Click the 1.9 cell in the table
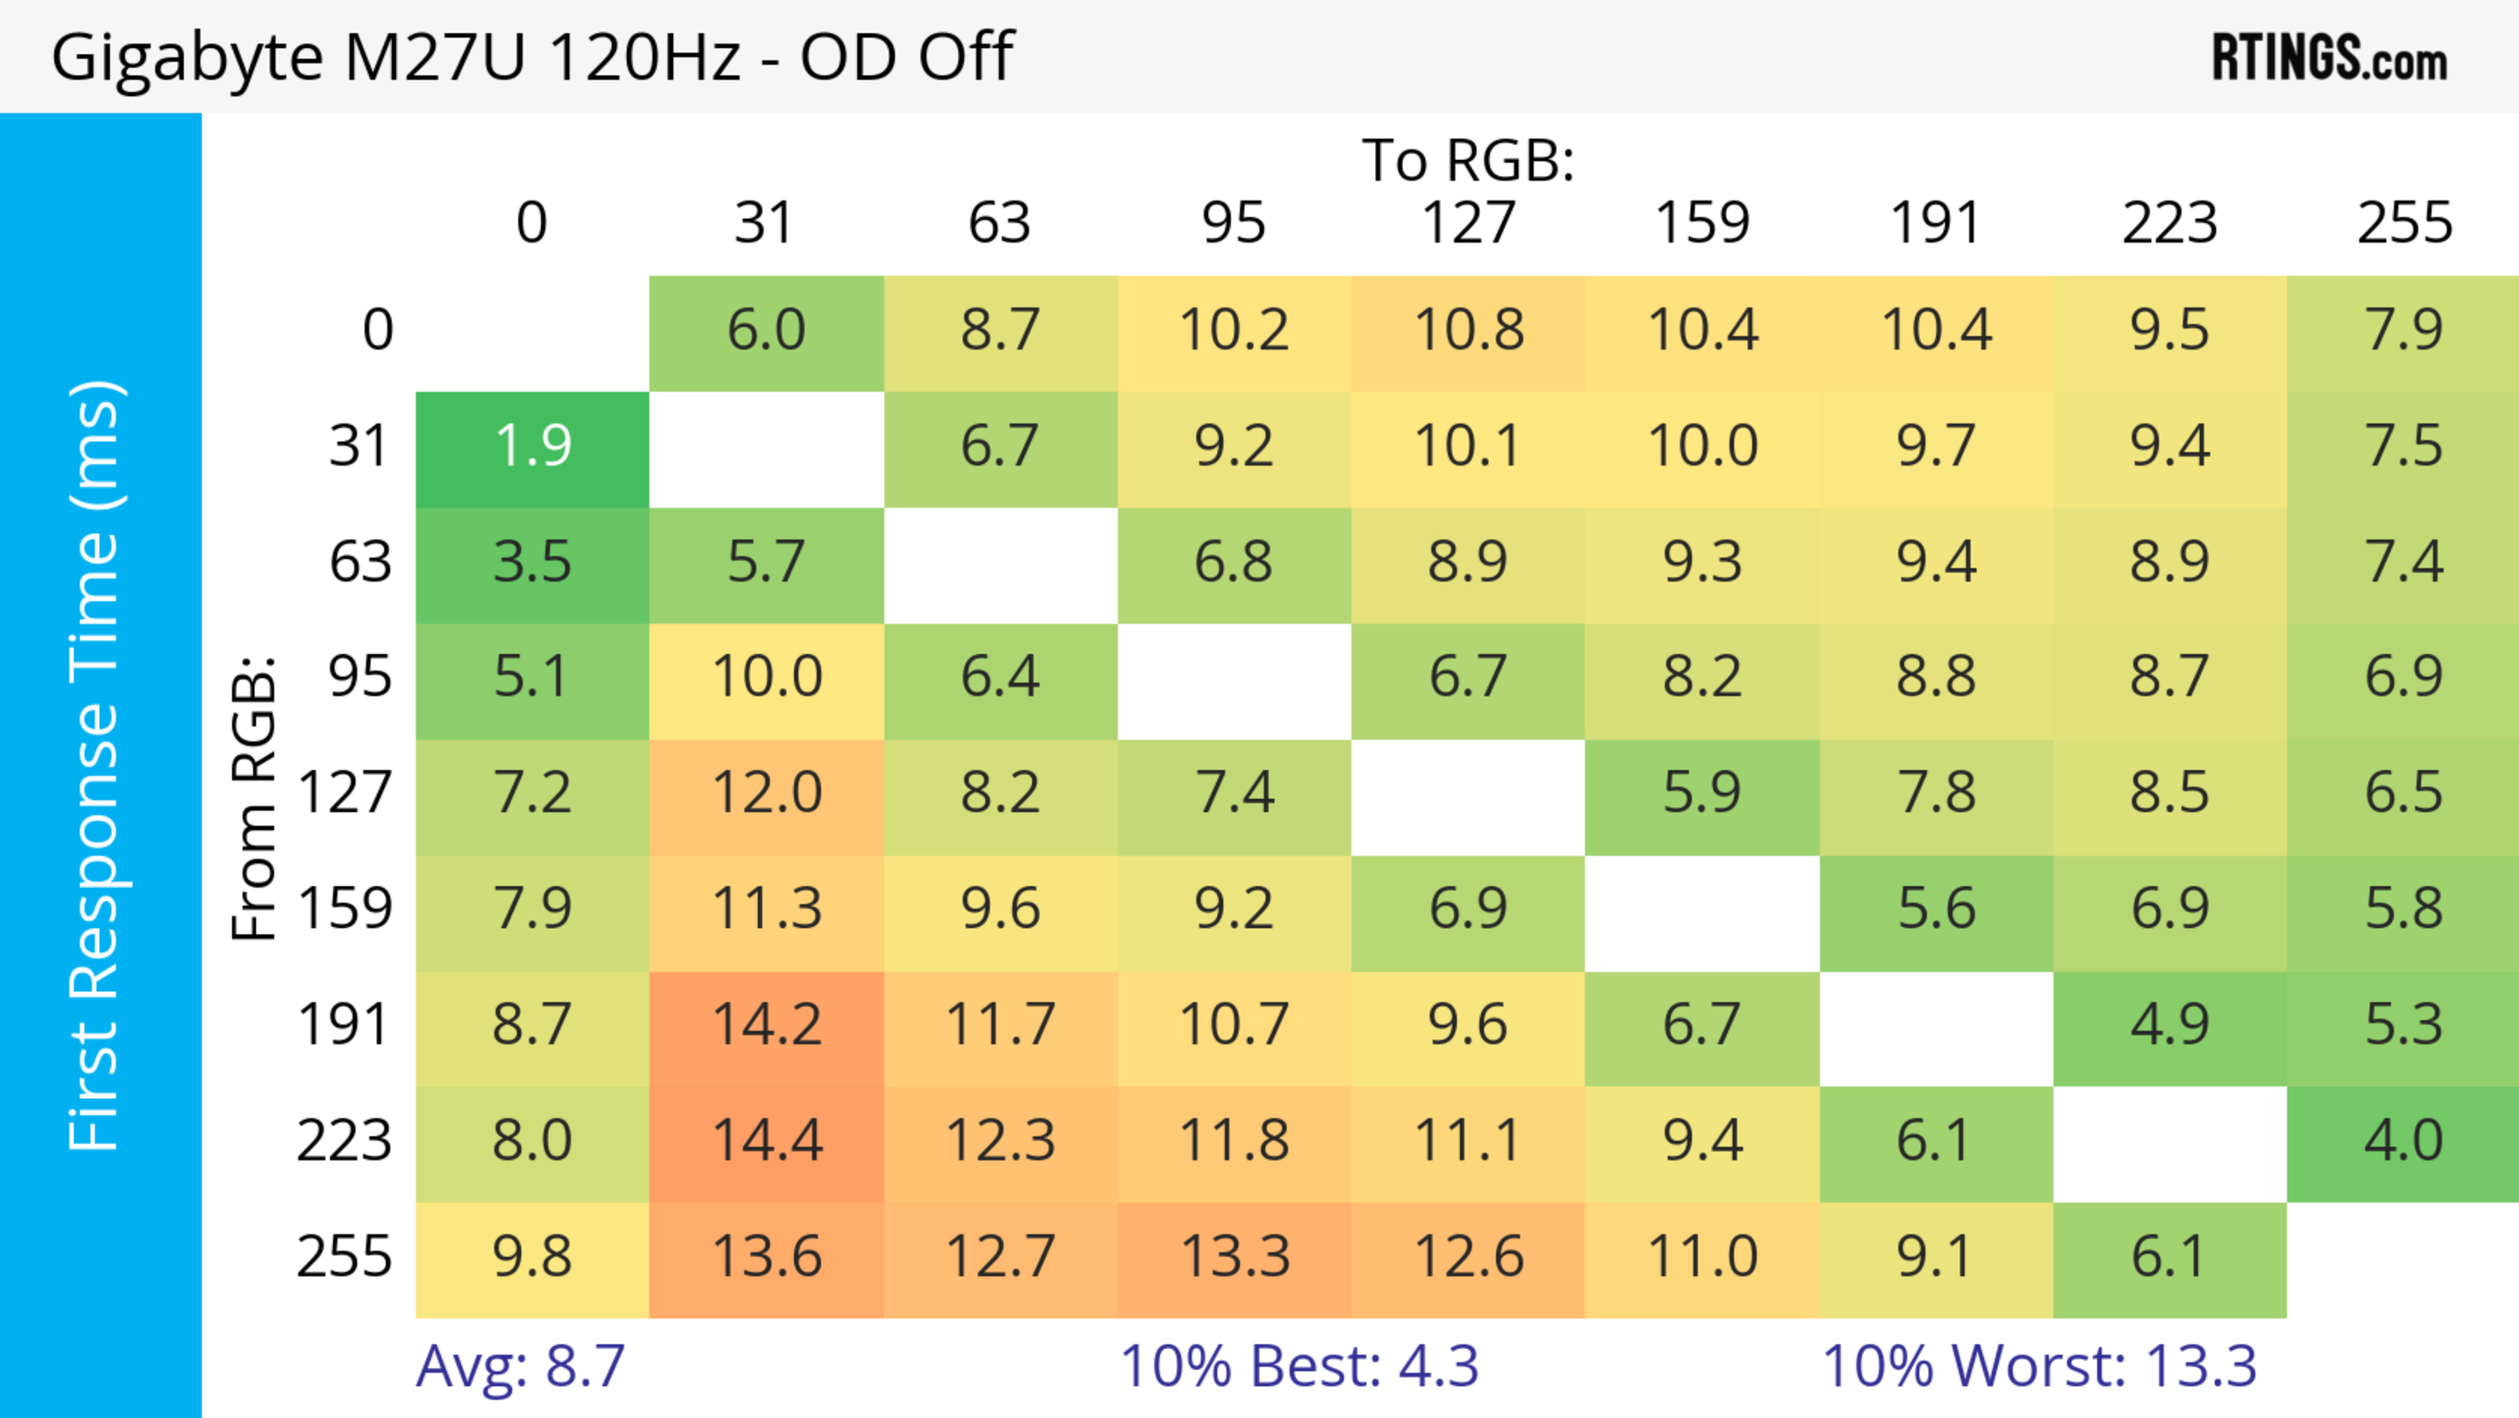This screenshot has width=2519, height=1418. point(532,447)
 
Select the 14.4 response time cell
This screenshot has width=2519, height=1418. point(767,1141)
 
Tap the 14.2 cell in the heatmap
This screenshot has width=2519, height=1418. point(767,1026)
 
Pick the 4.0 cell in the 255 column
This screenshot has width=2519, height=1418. point(2403,1141)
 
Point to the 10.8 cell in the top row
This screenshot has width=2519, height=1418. point(1468,331)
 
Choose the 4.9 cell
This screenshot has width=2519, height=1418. point(2169,1026)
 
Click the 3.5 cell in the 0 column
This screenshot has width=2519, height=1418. point(532,562)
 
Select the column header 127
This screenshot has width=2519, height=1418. point(1468,223)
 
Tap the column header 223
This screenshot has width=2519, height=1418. point(2169,223)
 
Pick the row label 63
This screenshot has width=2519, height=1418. point(360,562)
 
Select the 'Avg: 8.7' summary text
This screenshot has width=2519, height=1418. point(520,1366)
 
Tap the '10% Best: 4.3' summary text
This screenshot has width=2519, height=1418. point(1299,1366)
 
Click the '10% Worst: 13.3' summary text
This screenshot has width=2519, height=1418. point(2039,1366)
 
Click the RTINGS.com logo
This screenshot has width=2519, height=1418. point(2329,56)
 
